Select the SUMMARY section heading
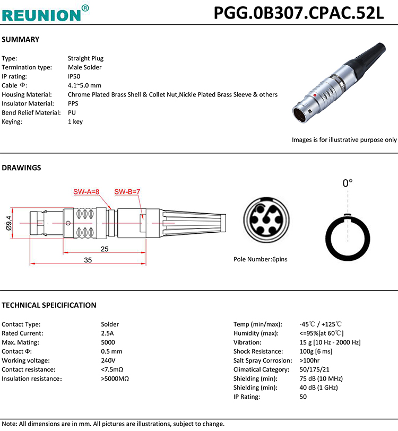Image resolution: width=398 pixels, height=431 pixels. pos(20,40)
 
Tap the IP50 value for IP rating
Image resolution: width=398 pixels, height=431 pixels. pos(74,76)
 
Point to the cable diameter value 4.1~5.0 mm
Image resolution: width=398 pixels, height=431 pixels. pos(84,85)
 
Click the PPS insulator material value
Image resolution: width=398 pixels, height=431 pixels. pos(73,103)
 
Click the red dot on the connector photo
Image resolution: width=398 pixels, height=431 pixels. pos(315,95)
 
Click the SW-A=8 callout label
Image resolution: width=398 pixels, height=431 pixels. pos(86,191)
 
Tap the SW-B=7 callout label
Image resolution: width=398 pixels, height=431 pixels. pos(127,191)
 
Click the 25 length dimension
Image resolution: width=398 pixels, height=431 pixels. pos(104,249)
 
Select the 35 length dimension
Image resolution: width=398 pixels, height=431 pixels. pos(88,260)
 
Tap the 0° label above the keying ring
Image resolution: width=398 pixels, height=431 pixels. pos(348,183)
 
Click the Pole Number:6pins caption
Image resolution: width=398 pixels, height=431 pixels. pos(260,259)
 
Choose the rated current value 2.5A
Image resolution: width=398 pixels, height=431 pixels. pos(107,333)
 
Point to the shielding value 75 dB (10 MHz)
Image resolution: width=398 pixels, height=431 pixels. pos(321,379)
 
